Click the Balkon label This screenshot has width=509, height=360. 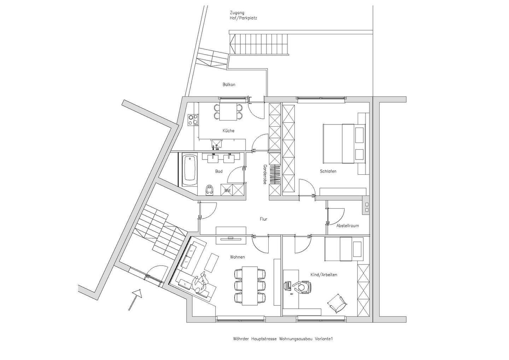[x=229, y=85]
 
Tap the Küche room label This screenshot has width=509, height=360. [x=228, y=130]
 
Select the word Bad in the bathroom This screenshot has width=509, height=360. [x=219, y=172]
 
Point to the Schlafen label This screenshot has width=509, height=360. [x=328, y=171]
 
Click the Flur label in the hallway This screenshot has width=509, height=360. [x=263, y=219]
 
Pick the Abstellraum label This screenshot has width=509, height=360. [x=347, y=226]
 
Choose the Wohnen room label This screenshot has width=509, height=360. [x=237, y=257]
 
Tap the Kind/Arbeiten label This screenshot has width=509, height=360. [x=323, y=275]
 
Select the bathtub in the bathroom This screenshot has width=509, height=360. [x=190, y=170]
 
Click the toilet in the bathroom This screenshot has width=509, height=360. [x=210, y=190]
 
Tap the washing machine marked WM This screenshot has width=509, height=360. [x=227, y=190]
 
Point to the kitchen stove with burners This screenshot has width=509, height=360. [x=193, y=120]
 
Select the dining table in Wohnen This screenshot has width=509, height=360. [x=250, y=285]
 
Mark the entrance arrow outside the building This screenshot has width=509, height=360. [x=135, y=299]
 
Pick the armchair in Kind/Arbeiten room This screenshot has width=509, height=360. [x=337, y=303]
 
